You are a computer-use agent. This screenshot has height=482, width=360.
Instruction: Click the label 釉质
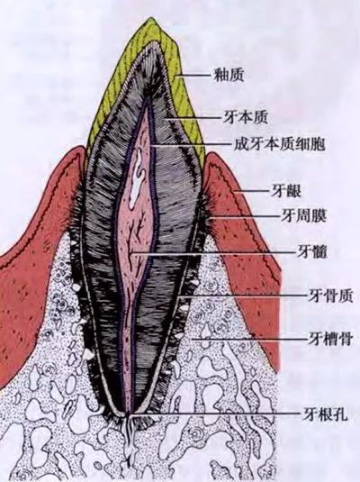229,75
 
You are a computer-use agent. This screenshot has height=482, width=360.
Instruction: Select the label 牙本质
245,117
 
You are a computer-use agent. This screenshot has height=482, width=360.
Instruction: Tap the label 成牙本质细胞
279,144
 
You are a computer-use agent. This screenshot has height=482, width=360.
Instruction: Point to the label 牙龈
285,191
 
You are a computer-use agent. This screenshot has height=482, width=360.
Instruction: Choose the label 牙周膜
303,216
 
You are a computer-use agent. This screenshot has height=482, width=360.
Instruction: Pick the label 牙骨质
330,296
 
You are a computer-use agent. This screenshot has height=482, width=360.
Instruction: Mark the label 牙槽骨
329,339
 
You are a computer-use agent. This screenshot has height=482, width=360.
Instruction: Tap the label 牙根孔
325,414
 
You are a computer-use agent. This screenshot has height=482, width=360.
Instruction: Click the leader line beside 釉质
194,75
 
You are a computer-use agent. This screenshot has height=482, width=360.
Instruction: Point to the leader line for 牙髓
212,253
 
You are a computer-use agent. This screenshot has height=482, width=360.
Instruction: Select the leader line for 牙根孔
215,414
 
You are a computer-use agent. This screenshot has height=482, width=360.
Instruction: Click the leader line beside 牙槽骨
248,340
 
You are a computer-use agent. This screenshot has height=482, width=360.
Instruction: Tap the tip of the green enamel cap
150,18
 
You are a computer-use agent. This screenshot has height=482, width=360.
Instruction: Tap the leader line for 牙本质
193,118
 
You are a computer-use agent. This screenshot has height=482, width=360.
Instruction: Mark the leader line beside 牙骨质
243,296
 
